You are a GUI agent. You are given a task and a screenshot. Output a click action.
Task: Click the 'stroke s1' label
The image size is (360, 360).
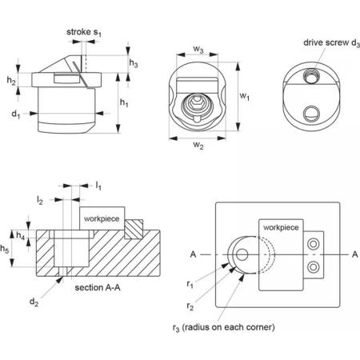(x=84, y=32)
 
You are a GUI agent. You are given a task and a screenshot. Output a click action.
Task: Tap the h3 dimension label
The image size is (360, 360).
(x=134, y=63)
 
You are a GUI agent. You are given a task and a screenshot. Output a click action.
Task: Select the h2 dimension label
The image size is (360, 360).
(x=11, y=80)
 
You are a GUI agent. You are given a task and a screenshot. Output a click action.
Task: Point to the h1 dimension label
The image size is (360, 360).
(x=124, y=102)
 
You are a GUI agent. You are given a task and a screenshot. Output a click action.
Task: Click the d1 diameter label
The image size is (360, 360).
(x=16, y=114)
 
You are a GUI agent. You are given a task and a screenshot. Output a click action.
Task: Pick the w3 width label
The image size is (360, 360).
(x=198, y=50)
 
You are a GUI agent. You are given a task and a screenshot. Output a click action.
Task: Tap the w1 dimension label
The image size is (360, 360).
(x=245, y=96)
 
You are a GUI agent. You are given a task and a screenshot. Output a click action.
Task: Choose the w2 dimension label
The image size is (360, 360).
(x=198, y=145)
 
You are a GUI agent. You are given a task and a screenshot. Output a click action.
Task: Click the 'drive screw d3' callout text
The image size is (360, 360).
(x=331, y=43)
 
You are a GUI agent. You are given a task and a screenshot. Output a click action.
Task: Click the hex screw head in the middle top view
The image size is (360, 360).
(x=197, y=102)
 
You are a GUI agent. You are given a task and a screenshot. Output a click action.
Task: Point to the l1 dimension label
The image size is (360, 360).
(x=98, y=186)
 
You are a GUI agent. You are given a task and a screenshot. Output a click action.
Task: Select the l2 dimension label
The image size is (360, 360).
(x=40, y=200)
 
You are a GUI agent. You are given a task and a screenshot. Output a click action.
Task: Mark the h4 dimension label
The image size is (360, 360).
(x=21, y=235)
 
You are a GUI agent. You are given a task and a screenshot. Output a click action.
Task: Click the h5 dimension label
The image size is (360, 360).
(x=5, y=249)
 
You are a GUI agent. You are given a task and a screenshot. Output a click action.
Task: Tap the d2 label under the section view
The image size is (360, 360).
(x=34, y=302)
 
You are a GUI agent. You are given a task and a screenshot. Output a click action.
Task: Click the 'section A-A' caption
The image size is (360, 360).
(x=98, y=287)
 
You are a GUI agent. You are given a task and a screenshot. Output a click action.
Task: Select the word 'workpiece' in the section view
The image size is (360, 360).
(x=102, y=219)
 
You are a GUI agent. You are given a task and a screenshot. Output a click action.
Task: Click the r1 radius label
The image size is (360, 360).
(x=190, y=285)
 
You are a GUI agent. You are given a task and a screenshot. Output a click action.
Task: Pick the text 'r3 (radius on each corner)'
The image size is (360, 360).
(x=223, y=327)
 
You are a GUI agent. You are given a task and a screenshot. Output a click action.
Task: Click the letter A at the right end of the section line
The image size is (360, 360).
(x=354, y=254)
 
